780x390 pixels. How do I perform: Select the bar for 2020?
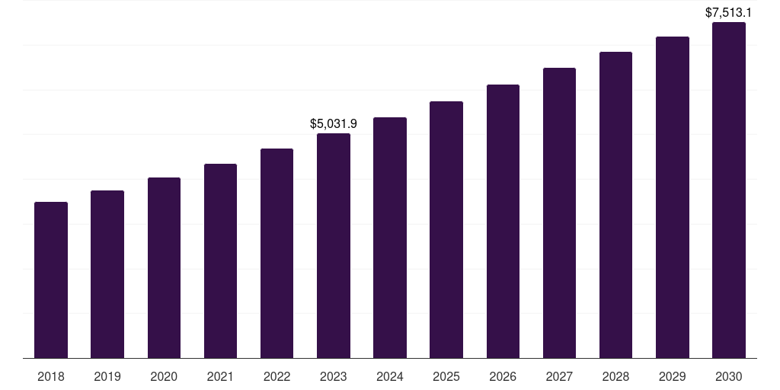pos(164,267)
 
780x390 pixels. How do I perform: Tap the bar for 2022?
pos(277,253)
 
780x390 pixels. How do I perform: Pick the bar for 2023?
pos(334,245)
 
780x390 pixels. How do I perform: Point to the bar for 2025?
pos(446,229)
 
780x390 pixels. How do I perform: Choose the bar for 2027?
pos(559,213)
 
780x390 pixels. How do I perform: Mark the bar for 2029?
pos(673,197)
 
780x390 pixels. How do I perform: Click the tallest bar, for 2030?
pos(729,190)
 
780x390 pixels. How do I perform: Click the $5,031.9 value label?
pos(334,123)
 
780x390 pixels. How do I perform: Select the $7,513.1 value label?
pos(729,12)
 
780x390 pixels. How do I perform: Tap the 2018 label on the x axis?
pos(51,376)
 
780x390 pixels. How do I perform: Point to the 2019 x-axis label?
pos(107,376)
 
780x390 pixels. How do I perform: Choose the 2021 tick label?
pos(220,376)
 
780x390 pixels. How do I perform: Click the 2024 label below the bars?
pos(390,376)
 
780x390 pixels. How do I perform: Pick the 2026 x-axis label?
pos(503,376)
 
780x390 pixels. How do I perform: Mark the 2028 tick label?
pos(615,376)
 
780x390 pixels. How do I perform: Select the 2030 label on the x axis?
pos(729,376)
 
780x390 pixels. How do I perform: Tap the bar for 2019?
pos(107,274)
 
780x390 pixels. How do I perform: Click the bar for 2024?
pos(390,238)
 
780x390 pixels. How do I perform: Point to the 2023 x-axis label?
pos(334,376)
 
